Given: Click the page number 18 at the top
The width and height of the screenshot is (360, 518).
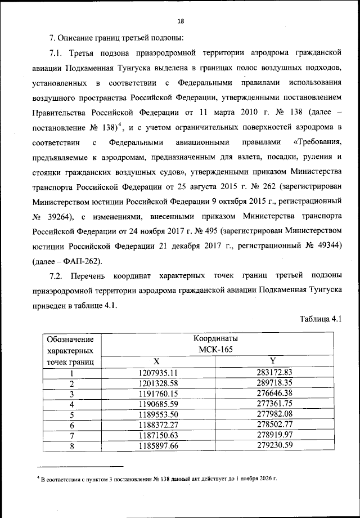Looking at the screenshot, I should pos(180,21).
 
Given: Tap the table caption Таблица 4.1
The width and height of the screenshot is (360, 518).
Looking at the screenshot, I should pos(321,320).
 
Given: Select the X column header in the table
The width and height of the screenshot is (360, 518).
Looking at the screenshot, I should pos(157,360).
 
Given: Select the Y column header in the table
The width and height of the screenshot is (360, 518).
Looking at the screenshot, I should pos(272,360).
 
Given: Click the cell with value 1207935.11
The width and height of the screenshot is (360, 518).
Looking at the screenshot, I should pos(157,372).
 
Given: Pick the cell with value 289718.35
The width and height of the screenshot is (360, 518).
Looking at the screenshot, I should pos(272,383).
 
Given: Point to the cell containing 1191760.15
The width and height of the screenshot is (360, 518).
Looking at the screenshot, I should pos(157,394).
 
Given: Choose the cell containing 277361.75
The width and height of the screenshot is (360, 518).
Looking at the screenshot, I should pos(272,404).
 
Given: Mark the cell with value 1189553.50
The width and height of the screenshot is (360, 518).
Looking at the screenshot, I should pos(157,415).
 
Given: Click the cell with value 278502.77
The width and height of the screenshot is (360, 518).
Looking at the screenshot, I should pos(272,426).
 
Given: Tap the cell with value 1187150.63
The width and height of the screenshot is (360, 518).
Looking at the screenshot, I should pos(157,436).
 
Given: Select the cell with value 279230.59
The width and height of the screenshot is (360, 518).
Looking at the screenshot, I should pos(272,447).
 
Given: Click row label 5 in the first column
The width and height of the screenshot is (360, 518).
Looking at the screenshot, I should pos(72,416).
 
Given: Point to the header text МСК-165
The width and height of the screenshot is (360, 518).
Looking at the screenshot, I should pos(215,350).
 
